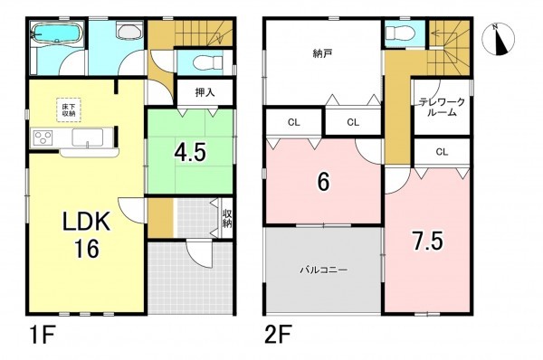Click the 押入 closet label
coord(205,91)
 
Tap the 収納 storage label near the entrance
coord(226,217)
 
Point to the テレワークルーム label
coord(441,108)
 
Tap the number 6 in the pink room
coord(323,181)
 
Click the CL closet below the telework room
coord(441,151)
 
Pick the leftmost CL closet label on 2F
coord(294,121)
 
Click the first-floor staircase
coord(188,34)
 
